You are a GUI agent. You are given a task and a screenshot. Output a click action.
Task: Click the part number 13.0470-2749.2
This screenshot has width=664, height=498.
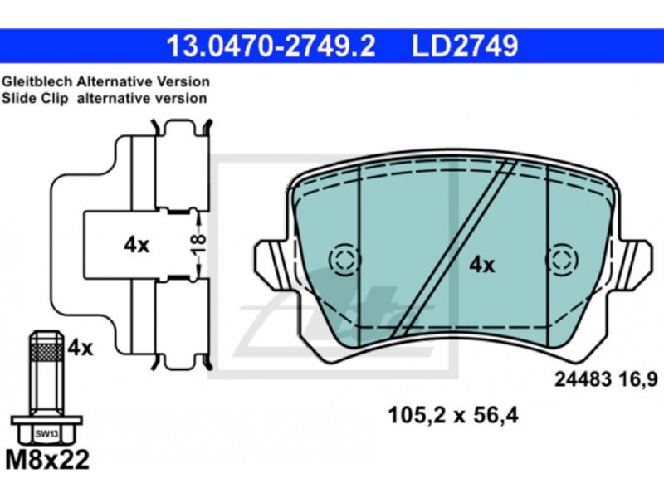271,46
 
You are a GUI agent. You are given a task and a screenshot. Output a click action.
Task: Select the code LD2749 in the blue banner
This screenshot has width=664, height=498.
465,46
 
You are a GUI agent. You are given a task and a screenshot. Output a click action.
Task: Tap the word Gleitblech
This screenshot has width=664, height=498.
37,81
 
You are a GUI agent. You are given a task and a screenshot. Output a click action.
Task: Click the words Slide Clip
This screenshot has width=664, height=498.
35,98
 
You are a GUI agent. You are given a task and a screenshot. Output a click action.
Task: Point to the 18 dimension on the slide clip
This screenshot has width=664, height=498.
198,244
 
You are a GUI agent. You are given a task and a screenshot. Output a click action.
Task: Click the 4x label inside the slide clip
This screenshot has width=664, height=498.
137,245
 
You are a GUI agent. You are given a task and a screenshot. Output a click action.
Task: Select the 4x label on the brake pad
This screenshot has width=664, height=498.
482,266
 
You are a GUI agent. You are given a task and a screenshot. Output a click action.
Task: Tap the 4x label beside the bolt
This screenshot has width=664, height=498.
81,349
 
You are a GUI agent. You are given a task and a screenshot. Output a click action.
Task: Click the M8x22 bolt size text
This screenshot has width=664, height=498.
47,460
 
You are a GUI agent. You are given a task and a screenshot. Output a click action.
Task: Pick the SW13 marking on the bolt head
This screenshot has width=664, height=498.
46,434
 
